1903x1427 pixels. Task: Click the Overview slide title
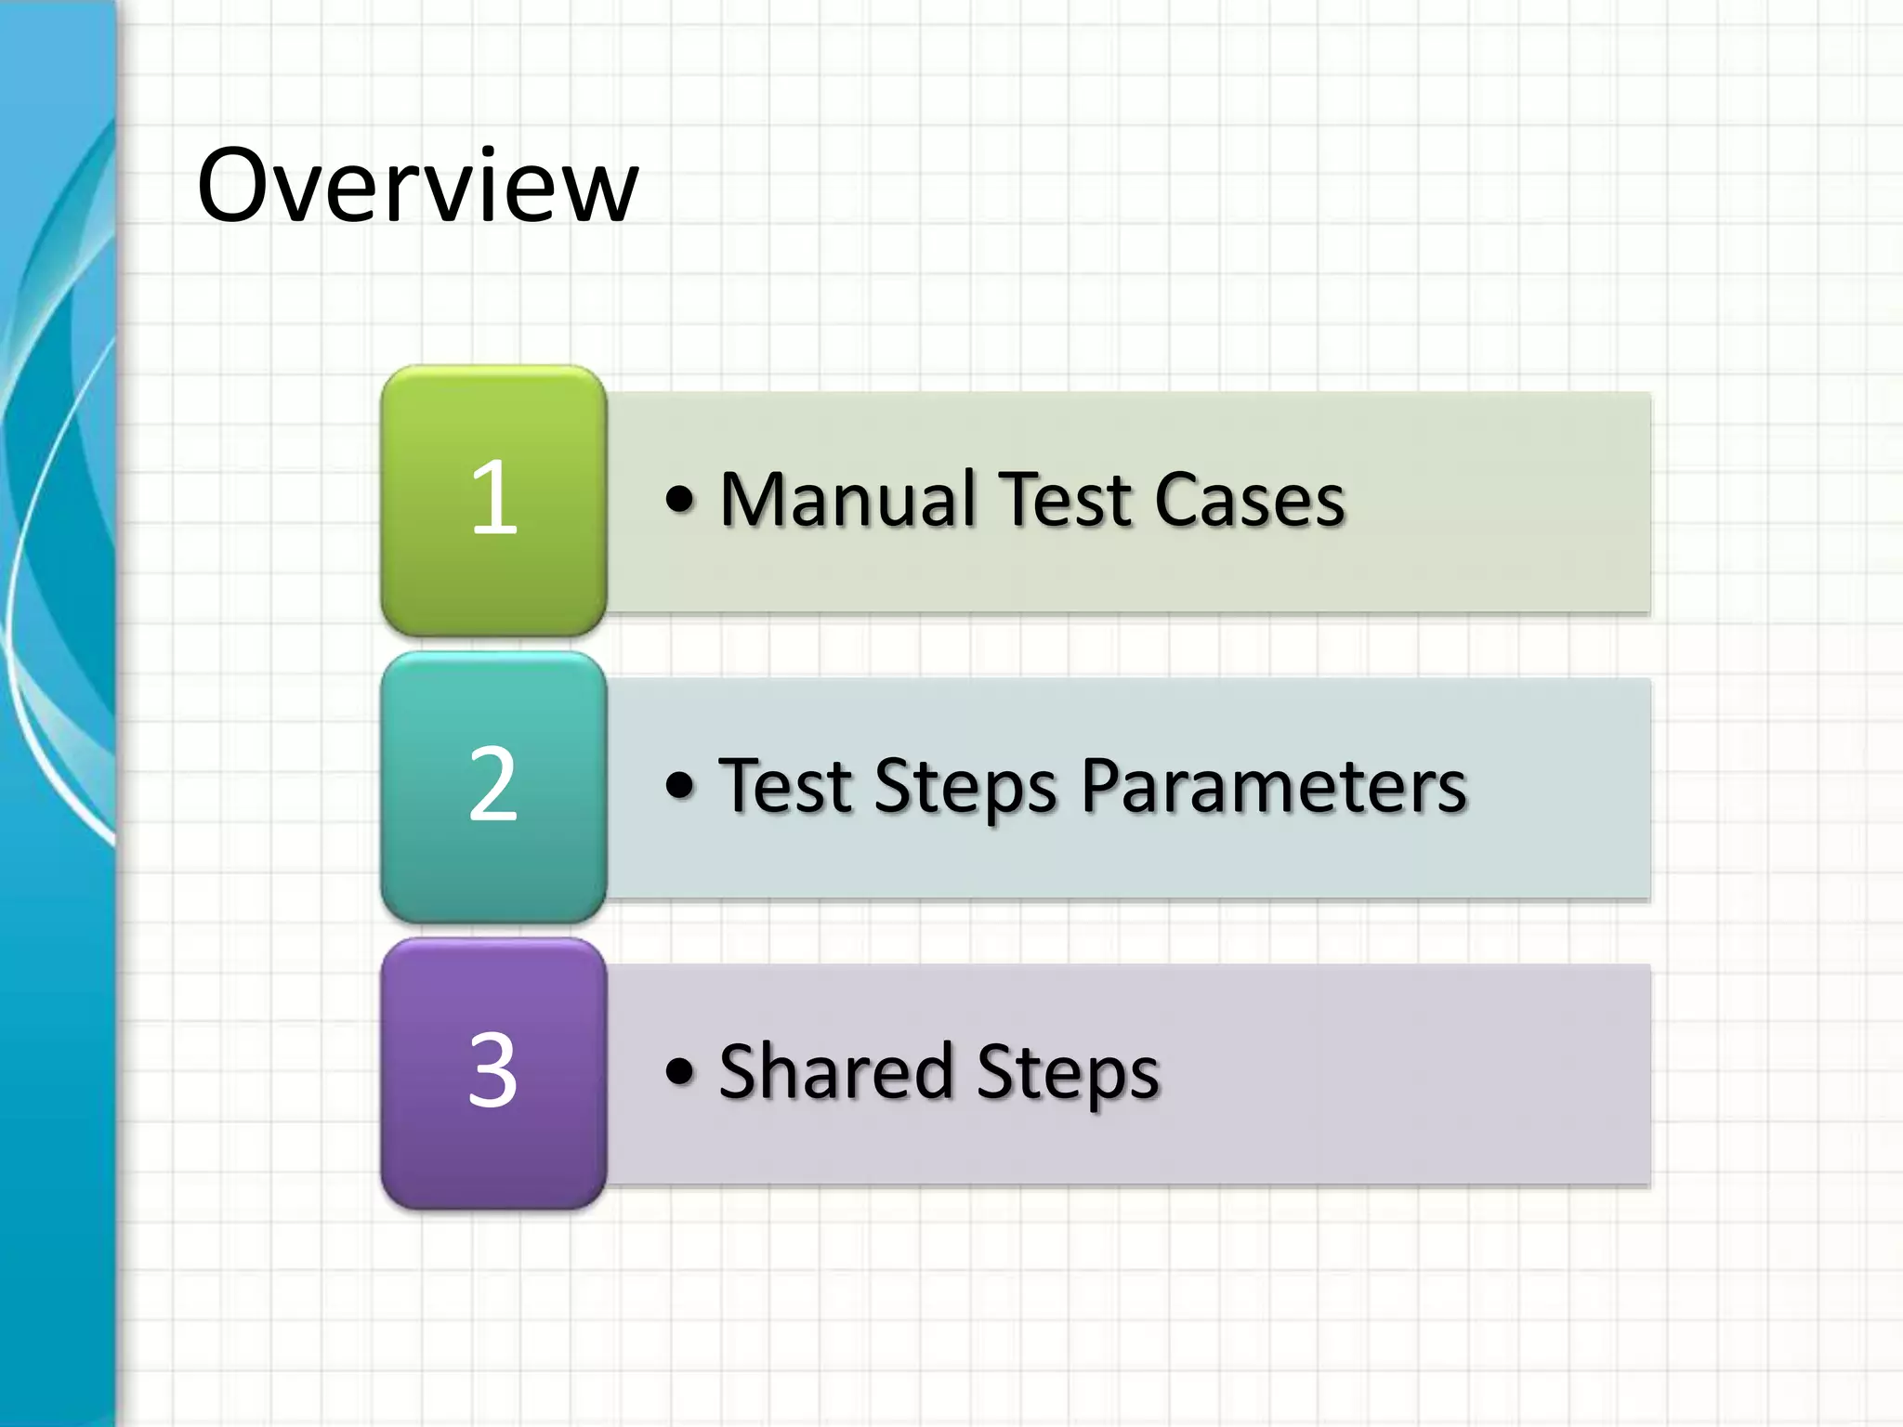(417, 186)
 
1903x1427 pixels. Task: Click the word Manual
(847, 500)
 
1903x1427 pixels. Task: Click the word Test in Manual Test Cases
(1065, 500)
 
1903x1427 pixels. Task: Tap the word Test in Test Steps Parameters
(785, 786)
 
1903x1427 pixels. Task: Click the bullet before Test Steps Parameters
(679, 786)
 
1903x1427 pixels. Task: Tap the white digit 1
(493, 499)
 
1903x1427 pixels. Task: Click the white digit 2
(492, 785)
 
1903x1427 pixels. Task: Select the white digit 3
(492, 1071)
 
